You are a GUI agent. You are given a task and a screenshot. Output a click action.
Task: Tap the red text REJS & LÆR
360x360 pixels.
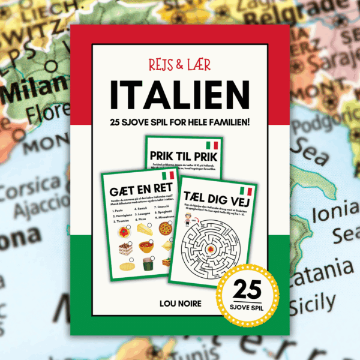[179, 64]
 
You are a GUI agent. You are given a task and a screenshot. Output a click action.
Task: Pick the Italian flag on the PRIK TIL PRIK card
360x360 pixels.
[211, 146]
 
